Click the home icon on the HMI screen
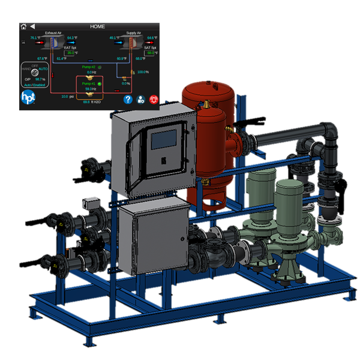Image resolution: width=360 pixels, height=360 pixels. click(x=23, y=26)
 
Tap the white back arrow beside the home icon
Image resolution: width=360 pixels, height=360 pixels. click(x=32, y=26)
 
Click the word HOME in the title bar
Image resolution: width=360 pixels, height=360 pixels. click(x=97, y=26)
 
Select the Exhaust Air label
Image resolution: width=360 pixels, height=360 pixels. click(x=55, y=33)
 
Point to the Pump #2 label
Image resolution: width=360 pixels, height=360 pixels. click(x=88, y=67)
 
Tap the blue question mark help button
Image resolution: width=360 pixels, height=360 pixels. click(x=128, y=100)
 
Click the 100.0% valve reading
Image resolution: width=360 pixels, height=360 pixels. click(x=143, y=72)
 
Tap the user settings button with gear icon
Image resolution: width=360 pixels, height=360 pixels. click(x=140, y=100)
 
